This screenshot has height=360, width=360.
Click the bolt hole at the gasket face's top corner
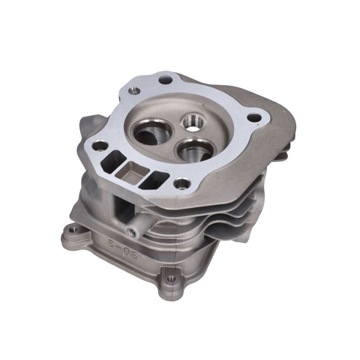pyautogui.click(x=166, y=80)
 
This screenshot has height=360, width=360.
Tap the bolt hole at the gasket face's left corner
pyautogui.click(x=100, y=146)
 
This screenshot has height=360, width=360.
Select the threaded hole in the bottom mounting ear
pyautogui.click(x=170, y=279)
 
